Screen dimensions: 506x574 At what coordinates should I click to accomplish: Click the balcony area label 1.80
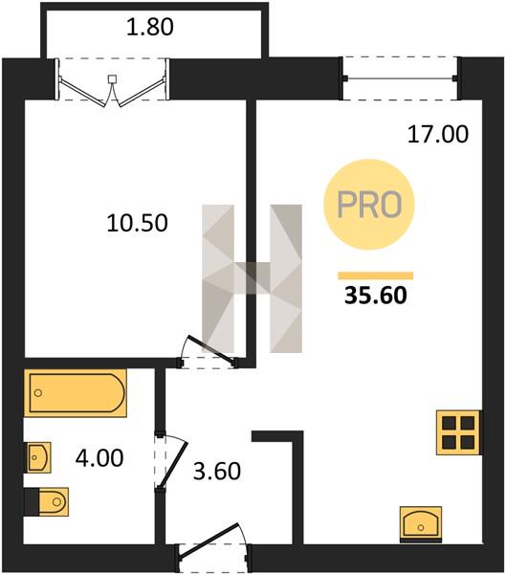(150, 28)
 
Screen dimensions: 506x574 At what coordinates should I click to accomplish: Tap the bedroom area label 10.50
(138, 223)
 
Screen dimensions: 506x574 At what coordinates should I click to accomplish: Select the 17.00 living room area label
(438, 134)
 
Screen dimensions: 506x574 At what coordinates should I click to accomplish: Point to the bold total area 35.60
(376, 295)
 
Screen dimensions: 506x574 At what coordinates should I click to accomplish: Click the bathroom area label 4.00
(99, 458)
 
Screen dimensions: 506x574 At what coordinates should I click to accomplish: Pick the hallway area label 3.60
(217, 471)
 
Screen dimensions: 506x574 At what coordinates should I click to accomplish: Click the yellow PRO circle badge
(369, 205)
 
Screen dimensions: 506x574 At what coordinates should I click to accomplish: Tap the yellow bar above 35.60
(375, 276)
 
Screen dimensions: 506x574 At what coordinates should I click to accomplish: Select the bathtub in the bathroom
(76, 393)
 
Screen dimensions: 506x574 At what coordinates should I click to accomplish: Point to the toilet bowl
(54, 501)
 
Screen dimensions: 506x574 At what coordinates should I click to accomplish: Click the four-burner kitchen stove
(458, 432)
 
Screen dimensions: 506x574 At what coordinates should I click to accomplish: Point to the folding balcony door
(112, 83)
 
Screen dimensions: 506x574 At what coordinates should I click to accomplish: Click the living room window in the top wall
(400, 78)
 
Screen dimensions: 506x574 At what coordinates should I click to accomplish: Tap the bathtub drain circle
(38, 393)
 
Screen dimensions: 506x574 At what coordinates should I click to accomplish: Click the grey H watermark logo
(253, 278)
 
